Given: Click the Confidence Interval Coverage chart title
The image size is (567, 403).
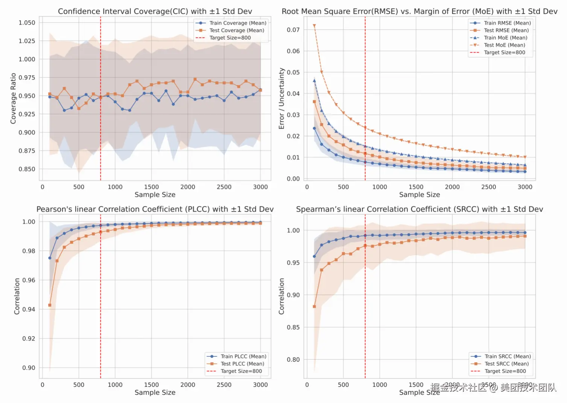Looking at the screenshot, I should click(155, 11).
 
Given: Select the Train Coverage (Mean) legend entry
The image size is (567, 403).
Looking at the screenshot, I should click(237, 23).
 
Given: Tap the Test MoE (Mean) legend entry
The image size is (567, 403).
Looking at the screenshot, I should click(504, 45).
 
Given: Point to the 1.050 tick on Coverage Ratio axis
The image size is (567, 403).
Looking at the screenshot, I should click(27, 23).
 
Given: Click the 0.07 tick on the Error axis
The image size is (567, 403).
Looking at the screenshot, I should click(293, 30).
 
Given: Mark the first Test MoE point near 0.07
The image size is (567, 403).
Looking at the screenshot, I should click(314, 26).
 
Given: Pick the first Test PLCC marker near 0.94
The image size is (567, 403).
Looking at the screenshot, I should click(50, 305).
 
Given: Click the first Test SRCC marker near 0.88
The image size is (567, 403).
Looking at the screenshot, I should click(314, 307).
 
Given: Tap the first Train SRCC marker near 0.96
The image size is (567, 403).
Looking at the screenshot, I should click(314, 256).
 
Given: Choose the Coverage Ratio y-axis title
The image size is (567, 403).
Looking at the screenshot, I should click(13, 98).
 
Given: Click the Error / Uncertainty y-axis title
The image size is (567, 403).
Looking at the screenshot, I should click(281, 98).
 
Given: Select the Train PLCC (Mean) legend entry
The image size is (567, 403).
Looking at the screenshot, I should click(243, 356).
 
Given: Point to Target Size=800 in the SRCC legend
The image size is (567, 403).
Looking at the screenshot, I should click(505, 371).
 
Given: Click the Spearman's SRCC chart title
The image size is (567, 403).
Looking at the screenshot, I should click(419, 209).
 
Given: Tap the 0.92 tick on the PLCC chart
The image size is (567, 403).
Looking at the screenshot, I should click(29, 338).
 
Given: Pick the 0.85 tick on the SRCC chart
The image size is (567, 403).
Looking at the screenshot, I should click(293, 327).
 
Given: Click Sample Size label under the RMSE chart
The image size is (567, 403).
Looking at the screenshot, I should click(419, 195).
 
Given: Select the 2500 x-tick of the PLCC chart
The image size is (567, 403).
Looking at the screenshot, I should click(224, 385).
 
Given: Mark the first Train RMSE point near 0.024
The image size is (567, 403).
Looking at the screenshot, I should click(314, 128).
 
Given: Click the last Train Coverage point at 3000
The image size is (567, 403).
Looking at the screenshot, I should click(260, 90).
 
